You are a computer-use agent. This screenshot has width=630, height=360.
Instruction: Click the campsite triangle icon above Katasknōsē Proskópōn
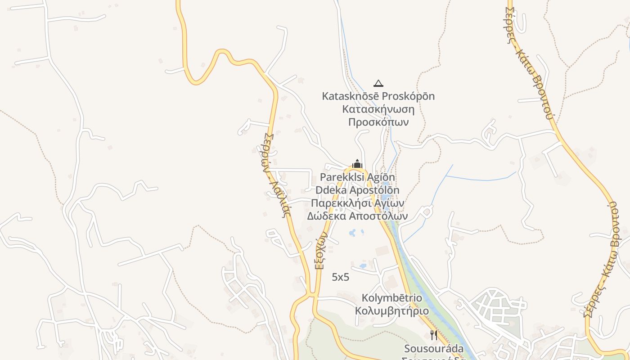[378, 83]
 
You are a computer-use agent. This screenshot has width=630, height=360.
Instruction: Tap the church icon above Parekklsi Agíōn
[357, 164]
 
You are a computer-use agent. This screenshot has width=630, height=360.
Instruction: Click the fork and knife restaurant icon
[433, 335]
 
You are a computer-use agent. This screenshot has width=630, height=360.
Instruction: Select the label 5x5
[340, 277]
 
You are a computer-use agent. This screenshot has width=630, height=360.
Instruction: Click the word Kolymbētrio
[392, 298]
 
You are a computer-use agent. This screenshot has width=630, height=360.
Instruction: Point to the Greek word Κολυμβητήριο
[392, 311]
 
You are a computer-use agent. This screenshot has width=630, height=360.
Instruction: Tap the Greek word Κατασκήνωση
[378, 109]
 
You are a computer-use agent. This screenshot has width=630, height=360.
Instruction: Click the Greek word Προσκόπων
[378, 122]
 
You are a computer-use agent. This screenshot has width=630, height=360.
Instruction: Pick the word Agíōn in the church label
[382, 177]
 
